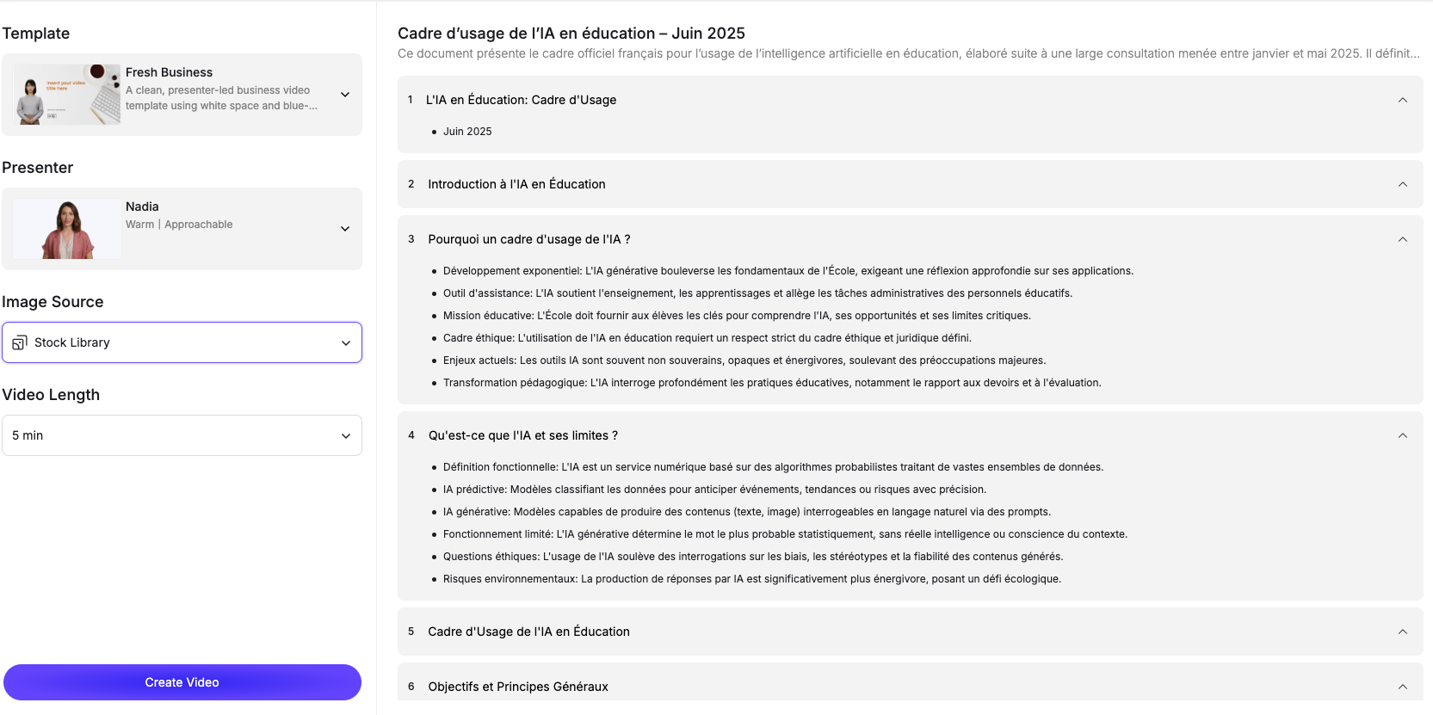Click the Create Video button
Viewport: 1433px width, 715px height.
[182, 682]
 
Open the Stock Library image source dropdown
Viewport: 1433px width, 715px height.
[182, 342]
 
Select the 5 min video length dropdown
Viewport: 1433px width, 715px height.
[182, 435]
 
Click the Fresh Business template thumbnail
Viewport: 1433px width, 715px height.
[66, 95]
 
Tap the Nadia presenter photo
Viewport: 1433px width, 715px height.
[66, 229]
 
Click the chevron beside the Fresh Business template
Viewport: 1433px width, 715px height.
[345, 95]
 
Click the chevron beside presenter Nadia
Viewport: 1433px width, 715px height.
[345, 229]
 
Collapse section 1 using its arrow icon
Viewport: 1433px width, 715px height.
[1403, 100]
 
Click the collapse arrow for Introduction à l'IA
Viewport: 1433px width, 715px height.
[1403, 184]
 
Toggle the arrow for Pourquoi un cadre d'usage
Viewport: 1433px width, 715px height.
[1403, 239]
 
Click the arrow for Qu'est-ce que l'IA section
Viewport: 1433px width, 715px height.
[1403, 435]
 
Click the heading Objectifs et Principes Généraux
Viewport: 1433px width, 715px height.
[518, 687]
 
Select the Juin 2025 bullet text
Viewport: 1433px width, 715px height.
[467, 132]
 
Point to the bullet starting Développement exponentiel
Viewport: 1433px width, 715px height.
[788, 271]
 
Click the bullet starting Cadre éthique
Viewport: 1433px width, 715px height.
[707, 338]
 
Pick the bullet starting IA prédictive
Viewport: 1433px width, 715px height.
[714, 490]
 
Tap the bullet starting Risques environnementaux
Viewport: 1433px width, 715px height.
[751, 579]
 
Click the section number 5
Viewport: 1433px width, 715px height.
[411, 632]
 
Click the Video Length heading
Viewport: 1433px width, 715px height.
[51, 395]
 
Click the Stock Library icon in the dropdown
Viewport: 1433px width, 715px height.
[20, 342]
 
